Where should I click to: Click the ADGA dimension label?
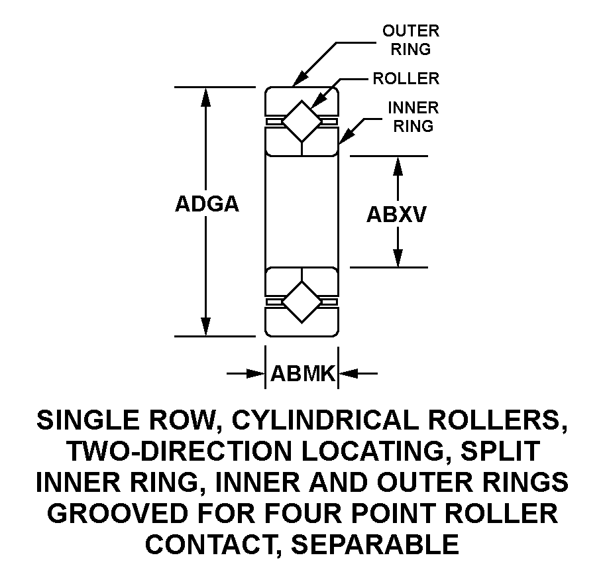pos(207,204)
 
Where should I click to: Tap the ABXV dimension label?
pos(396,215)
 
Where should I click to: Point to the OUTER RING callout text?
pos(411,40)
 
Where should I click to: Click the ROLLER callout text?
pos(406,79)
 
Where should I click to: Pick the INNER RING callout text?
pos(413,117)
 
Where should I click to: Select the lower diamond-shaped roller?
pos(302,302)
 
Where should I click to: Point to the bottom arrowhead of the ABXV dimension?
pos(398,258)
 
